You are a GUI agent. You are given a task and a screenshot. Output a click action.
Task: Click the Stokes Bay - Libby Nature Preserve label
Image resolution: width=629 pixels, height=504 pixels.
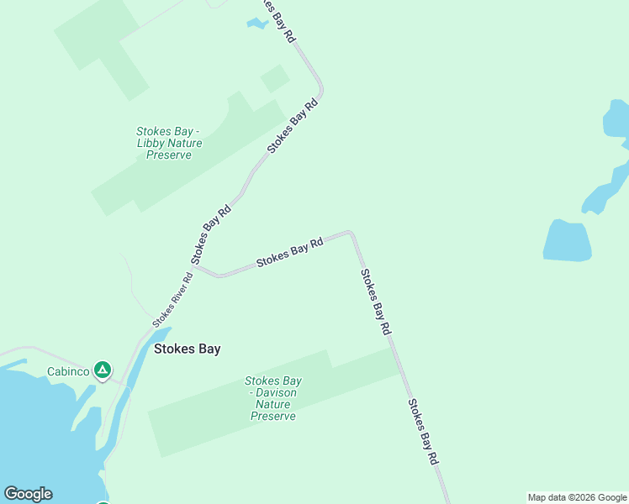tap(169, 143)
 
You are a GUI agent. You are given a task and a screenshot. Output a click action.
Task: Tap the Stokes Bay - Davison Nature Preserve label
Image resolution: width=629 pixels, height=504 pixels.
tap(273, 398)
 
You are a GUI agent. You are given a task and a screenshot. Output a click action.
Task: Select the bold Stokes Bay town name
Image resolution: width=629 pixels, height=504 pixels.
tap(187, 349)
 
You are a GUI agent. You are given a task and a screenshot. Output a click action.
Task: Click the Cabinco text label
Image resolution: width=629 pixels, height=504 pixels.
tap(68, 370)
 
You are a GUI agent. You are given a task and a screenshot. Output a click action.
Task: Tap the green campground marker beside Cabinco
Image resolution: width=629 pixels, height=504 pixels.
tap(102, 370)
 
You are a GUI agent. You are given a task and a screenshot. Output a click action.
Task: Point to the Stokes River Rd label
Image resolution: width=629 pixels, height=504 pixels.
tap(173, 299)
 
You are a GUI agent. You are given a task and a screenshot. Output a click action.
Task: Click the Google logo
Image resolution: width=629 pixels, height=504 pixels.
tap(28, 494)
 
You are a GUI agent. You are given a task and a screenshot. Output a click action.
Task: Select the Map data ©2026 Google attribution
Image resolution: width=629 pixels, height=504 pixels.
tap(578, 497)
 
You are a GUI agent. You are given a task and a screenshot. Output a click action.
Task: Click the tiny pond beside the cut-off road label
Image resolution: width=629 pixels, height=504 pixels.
tap(256, 24)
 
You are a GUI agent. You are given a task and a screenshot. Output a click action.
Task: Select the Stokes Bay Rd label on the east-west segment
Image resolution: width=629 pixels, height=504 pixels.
tap(289, 252)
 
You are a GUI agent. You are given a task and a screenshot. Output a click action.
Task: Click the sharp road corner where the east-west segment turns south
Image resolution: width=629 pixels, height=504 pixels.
tap(351, 234)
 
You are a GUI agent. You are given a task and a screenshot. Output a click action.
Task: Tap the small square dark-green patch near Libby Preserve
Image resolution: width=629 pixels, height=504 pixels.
tap(275, 79)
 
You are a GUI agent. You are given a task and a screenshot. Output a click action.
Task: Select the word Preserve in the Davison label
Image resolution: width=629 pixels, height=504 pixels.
tap(273, 416)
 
